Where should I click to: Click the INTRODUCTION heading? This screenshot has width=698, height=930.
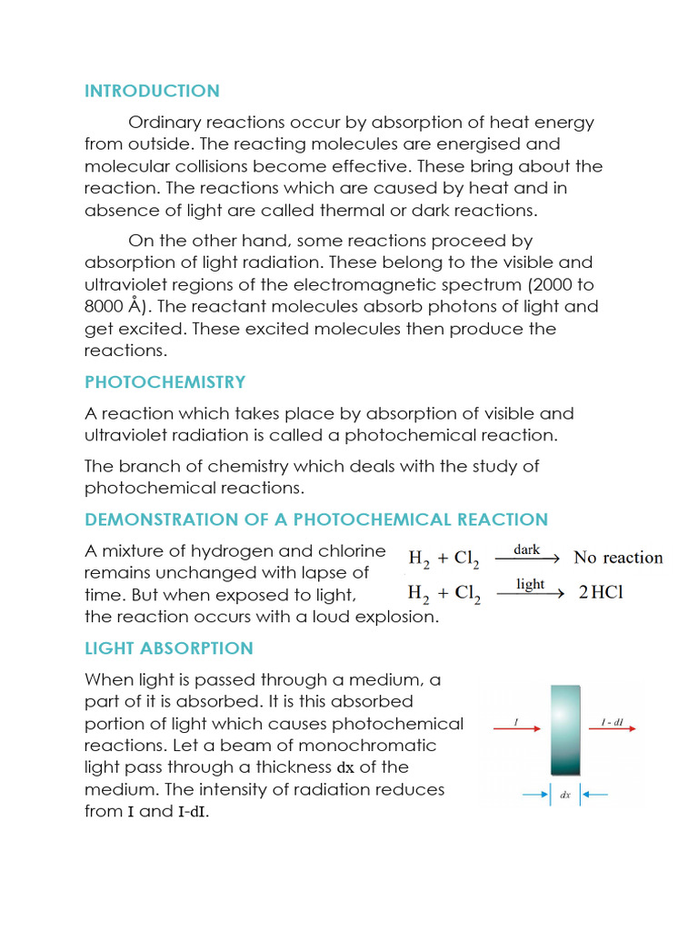(152, 91)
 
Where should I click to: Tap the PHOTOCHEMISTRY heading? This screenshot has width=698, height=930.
(165, 381)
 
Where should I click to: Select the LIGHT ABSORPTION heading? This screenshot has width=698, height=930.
(168, 648)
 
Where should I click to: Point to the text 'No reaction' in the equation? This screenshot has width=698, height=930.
(618, 558)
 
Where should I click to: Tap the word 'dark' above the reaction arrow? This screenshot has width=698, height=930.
(528, 549)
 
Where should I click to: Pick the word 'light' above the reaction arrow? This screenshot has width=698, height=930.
(530, 585)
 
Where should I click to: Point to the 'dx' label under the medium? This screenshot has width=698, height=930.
(565, 796)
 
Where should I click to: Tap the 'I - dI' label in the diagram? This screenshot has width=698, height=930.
(611, 722)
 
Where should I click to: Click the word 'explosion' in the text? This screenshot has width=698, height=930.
(393, 618)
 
